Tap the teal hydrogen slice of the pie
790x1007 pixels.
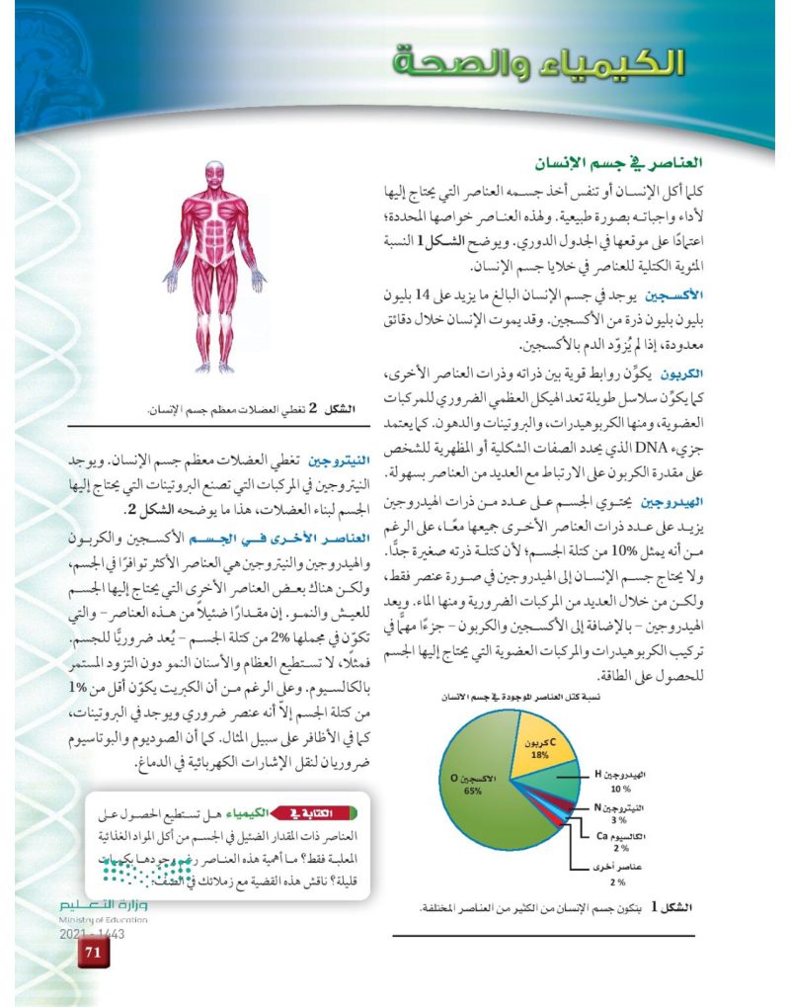pos(557,788)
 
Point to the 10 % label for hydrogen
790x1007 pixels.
pos(620,790)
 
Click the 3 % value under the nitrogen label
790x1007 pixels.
pos(619,820)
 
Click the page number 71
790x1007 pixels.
pos(94,953)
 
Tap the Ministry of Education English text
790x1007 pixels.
pos(104,919)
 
